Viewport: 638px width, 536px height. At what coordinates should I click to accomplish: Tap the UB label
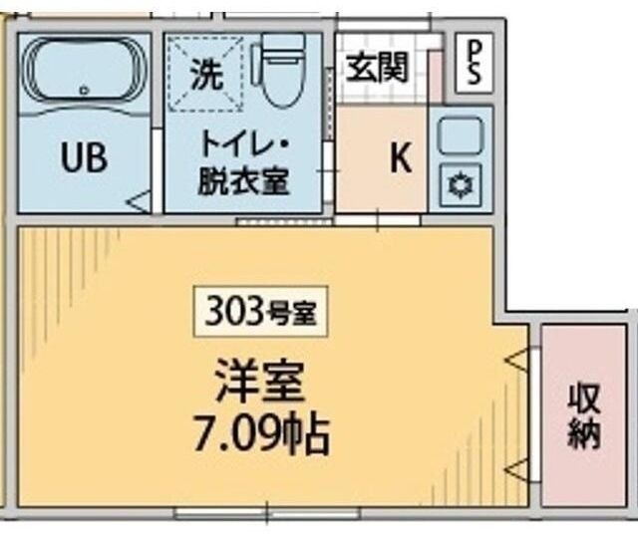(85, 157)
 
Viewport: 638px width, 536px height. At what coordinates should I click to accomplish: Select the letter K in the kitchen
(400, 159)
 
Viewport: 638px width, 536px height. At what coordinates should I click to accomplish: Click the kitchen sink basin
(461, 134)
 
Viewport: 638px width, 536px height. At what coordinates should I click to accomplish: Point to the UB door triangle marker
(141, 202)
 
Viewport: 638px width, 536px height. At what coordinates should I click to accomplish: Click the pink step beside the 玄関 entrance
(435, 77)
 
